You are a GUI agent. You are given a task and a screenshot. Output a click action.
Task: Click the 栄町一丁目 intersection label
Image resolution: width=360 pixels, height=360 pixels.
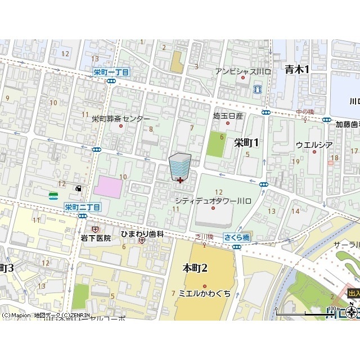(111, 72)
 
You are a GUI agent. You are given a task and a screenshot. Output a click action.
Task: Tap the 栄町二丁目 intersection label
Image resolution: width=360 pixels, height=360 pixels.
(82, 207)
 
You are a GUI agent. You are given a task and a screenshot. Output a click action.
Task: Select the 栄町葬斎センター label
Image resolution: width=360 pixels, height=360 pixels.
(121, 119)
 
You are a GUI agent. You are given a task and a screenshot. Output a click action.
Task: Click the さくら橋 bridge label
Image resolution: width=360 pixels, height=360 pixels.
(236, 238)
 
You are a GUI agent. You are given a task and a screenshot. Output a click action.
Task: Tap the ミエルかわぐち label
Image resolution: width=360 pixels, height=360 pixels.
(204, 294)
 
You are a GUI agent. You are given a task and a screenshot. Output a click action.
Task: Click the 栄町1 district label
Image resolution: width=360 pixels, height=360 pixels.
(246, 143)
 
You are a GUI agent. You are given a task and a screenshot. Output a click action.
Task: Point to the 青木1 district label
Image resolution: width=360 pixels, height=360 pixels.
(297, 69)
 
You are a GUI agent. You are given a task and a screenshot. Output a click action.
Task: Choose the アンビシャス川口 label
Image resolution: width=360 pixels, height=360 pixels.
(243, 71)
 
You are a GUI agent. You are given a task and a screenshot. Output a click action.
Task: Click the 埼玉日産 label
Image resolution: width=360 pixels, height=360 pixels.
(228, 116)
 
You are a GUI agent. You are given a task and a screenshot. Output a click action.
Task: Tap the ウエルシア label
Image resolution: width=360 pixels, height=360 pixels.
(314, 145)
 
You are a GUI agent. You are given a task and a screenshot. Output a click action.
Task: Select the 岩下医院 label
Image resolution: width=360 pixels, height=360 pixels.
(95, 238)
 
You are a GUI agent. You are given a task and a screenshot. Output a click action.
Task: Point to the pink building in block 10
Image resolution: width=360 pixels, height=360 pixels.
(107, 187)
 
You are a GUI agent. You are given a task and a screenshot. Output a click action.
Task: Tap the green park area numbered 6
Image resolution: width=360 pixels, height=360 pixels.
(215, 145)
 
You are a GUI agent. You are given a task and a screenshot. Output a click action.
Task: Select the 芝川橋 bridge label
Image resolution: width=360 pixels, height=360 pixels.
(204, 237)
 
